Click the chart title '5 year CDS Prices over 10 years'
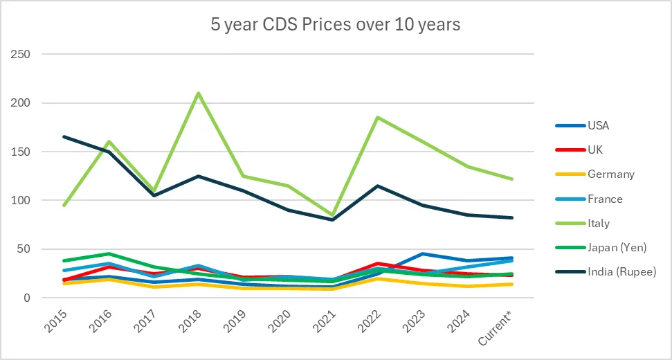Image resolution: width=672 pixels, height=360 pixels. click(336, 25)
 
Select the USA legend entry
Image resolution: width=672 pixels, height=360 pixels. click(599, 126)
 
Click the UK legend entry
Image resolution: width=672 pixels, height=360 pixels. click(595, 150)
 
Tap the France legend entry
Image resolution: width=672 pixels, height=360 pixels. click(604, 199)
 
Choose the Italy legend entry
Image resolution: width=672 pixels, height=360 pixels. click(598, 224)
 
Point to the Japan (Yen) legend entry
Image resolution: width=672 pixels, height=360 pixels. click(616, 248)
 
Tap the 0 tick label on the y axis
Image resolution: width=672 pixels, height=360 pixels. click(28, 298)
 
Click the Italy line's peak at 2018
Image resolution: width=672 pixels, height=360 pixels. click(199, 93)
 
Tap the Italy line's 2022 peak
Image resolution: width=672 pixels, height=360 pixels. click(377, 117)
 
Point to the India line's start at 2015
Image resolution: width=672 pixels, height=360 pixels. click(64, 136)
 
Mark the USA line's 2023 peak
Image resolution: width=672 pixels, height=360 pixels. click(422, 254)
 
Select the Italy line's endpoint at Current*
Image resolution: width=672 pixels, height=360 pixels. click(512, 179)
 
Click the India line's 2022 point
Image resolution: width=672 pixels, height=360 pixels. click(377, 186)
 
